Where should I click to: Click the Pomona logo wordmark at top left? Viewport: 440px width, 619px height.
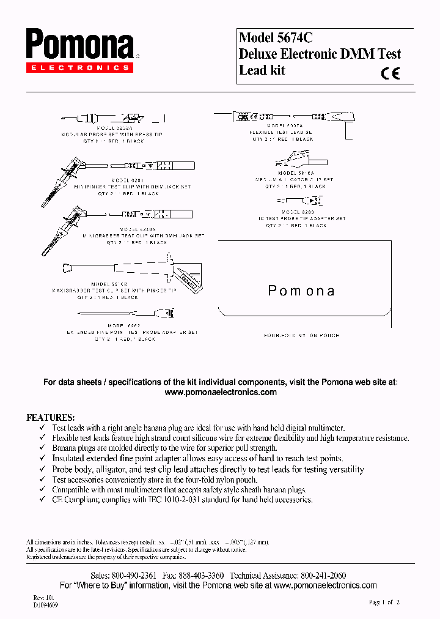[79, 45]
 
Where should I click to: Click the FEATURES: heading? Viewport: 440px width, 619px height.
[50, 417]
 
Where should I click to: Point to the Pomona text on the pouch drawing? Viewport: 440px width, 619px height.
[301, 291]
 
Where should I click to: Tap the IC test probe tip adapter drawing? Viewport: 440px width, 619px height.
[299, 200]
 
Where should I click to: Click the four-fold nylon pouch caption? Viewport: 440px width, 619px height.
[301, 335]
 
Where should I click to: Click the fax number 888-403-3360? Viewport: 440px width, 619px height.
[200, 576]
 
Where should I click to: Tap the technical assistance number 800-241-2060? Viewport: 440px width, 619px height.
[322, 576]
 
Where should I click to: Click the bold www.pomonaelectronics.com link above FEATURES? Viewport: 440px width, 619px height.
[221, 392]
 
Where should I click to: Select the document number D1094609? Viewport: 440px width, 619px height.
[46, 604]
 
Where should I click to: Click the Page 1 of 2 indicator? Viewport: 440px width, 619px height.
[384, 602]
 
